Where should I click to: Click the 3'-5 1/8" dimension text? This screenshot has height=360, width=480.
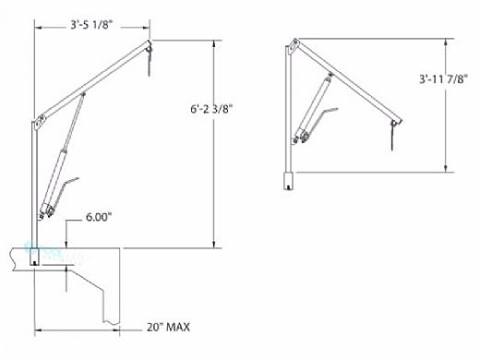tap(90, 25)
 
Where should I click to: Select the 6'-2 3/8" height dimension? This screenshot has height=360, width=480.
tap(211, 109)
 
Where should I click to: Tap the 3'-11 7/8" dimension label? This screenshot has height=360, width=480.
tap(443, 79)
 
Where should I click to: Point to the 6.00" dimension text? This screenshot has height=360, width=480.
tap(98, 217)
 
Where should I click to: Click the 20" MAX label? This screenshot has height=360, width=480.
tap(168, 327)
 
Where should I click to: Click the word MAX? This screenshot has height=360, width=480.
tap(178, 327)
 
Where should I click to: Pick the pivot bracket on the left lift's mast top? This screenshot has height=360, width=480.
tap(40, 122)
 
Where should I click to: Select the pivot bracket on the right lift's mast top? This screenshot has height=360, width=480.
tap(294, 45)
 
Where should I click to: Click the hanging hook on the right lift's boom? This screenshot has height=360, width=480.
tap(393, 136)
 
